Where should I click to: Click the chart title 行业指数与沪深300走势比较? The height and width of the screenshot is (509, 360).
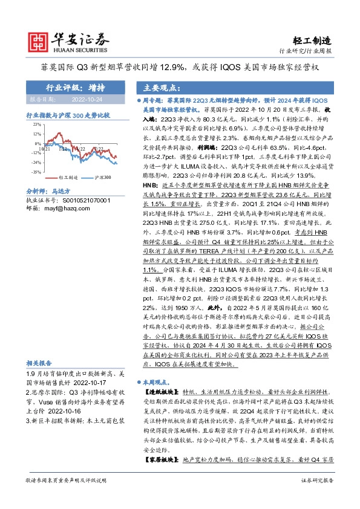[x=67, y=114]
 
